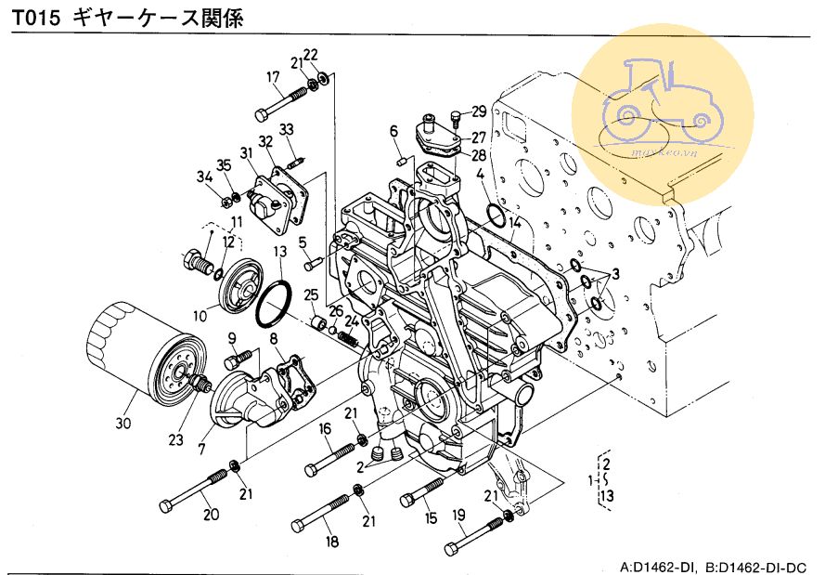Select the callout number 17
[274, 77]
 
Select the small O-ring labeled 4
[496, 216]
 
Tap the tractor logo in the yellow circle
[661, 98]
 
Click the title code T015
[36, 20]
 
